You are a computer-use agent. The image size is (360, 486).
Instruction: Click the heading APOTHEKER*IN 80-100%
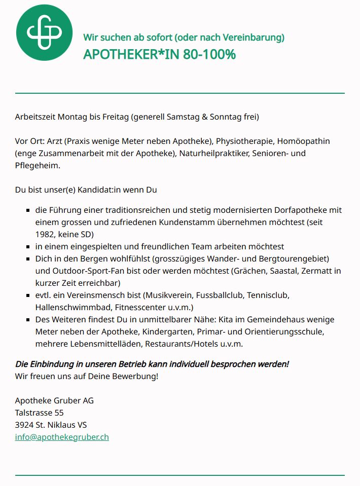[x=159, y=54]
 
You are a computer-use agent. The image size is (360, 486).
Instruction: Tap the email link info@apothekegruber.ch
[x=62, y=436]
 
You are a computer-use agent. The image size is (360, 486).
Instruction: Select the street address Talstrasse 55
[x=39, y=413]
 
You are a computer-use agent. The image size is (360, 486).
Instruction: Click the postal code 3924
[x=24, y=425]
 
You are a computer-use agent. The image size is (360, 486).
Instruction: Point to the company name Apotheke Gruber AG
[x=54, y=400]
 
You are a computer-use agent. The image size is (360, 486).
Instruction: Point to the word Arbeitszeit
[x=35, y=117]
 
